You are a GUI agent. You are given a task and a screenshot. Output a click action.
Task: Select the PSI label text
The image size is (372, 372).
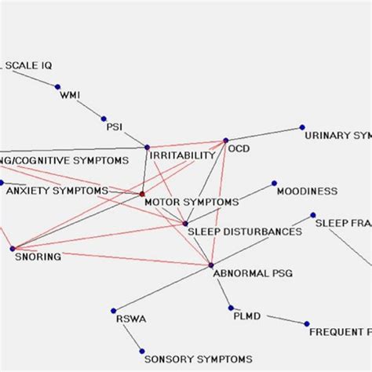115,126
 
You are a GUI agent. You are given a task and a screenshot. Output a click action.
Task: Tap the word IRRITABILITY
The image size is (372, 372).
182,155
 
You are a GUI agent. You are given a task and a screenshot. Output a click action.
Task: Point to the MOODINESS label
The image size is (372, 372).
307,191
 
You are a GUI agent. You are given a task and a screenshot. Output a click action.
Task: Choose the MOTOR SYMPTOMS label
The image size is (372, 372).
191,202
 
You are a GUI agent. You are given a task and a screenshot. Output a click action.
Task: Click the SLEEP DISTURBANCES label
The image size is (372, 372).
244,232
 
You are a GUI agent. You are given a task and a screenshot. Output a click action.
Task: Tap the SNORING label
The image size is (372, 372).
38,257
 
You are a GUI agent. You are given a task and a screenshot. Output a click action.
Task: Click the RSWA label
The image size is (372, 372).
131,319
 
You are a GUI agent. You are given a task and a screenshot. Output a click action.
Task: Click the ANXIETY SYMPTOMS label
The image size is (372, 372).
57,191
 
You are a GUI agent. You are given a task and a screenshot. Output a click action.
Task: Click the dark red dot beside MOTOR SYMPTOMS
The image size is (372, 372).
142,193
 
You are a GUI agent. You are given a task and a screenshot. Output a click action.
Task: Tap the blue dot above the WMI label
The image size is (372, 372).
57,86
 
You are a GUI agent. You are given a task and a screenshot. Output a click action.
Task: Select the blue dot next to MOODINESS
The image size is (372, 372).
274,184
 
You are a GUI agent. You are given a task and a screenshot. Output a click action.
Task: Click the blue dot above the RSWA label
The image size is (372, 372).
113,310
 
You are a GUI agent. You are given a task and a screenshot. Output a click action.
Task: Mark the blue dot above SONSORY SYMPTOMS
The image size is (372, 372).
142,350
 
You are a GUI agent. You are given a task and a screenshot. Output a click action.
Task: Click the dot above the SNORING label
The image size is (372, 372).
13,249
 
